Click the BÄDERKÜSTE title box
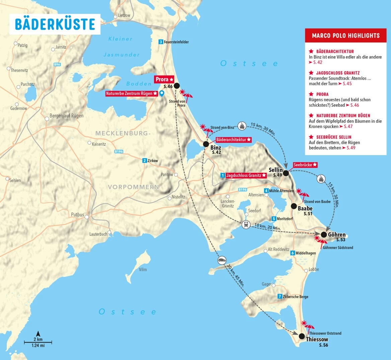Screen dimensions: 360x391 tap(55, 24)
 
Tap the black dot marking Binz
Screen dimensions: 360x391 tap(206, 144)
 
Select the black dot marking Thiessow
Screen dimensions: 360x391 tap(302, 336)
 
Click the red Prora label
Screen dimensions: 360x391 tap(164, 79)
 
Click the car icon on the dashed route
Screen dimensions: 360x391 tap(221, 261)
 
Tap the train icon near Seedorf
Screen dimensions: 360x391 tap(246, 225)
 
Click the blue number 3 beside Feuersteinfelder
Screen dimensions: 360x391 tap(161, 42)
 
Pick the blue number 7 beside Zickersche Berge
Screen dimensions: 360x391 tap(280, 297)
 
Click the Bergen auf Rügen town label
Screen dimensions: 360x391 tap(66, 116)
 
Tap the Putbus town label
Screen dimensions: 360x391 tap(77, 215)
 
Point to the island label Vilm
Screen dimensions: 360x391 tap(143, 270)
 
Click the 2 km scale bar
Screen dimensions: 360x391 tap(38, 342)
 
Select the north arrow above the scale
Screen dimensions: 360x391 tap(38, 334)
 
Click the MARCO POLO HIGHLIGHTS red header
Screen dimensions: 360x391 tap(345, 35)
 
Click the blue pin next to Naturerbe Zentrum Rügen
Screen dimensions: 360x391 tap(162, 94)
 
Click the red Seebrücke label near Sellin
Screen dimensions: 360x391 tap(305, 165)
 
